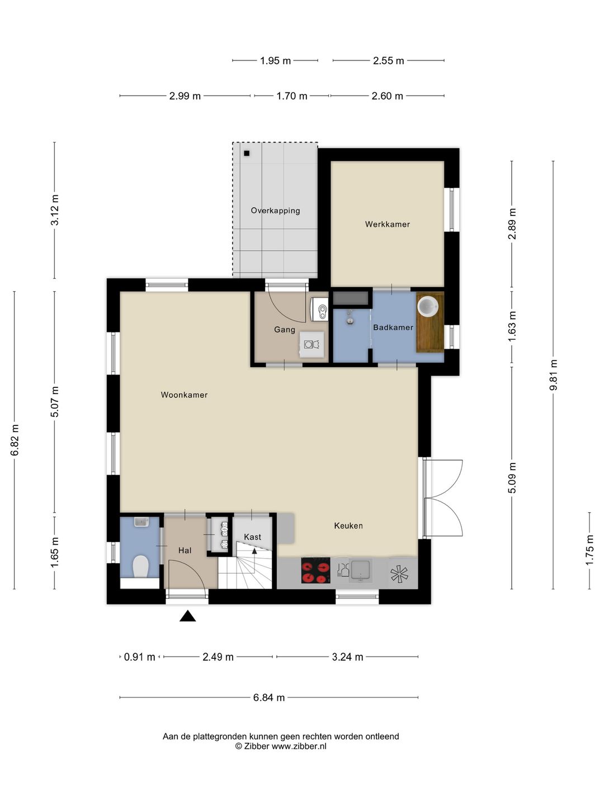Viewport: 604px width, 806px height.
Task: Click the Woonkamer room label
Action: [x=184, y=395]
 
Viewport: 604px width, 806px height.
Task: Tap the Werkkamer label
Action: [x=387, y=224]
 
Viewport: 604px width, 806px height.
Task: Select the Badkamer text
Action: [x=393, y=327]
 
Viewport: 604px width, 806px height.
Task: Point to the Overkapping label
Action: [x=275, y=211]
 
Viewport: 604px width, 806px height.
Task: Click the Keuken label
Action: [x=348, y=526]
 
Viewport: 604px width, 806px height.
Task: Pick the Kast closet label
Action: [x=252, y=537]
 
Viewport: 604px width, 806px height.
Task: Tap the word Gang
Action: [x=285, y=330]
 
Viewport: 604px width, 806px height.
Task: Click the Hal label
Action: [x=185, y=551]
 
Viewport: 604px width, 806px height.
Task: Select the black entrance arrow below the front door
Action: [x=187, y=616]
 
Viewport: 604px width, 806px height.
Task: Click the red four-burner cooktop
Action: [x=316, y=570]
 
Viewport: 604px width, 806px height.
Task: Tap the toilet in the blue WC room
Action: [x=140, y=567]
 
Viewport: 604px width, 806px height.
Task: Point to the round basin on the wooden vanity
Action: [x=428, y=306]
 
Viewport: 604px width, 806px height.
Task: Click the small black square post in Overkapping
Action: [x=247, y=153]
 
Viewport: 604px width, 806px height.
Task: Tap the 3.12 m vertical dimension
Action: [x=55, y=210]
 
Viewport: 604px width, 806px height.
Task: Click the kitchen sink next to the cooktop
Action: [x=361, y=570]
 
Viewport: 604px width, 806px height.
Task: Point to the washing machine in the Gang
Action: [x=312, y=344]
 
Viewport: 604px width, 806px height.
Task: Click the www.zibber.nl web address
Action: [x=299, y=746]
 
